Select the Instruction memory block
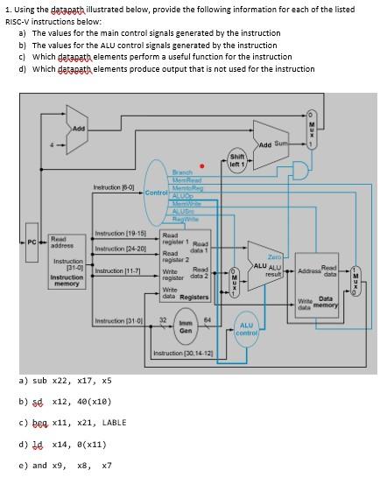click(67, 263)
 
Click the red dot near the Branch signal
click(202, 165)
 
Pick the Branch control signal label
click(183, 172)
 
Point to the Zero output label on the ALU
click(274, 256)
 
